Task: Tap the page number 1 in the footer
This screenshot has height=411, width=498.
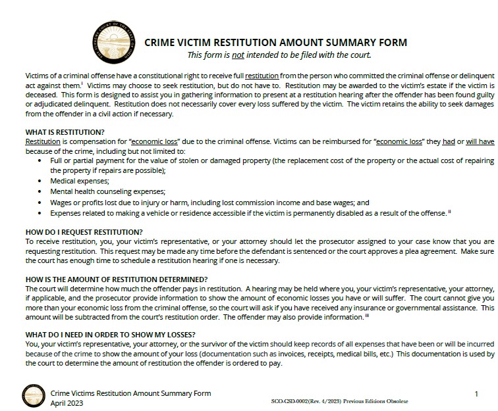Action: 476,394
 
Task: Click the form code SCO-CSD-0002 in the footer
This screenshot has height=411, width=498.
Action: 292,400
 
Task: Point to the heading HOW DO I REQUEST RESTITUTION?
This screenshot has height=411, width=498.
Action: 84,231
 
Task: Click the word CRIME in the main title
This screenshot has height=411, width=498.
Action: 161,43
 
